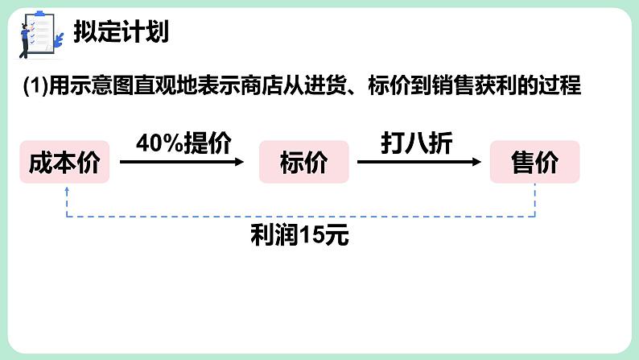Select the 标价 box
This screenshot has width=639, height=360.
304,162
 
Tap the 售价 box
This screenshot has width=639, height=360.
535,162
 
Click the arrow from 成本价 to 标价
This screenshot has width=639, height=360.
182,162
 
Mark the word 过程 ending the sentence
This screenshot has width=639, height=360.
562,85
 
